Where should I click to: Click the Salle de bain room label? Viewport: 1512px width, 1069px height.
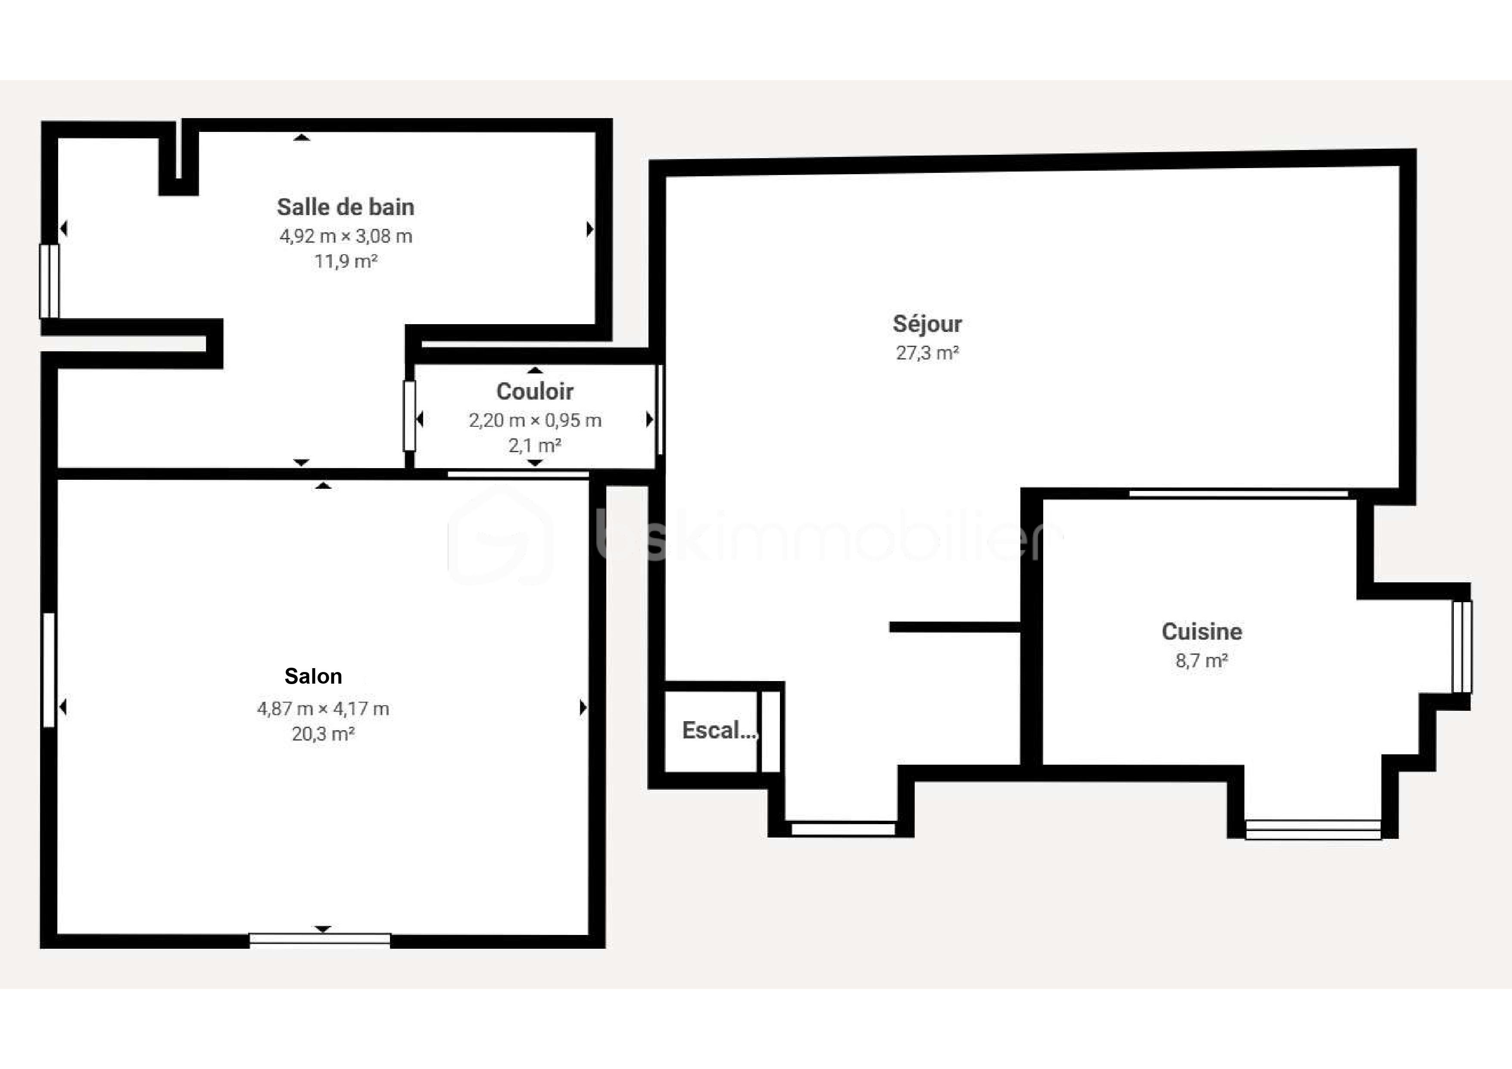[345, 207]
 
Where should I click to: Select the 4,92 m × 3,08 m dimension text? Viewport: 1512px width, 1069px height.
[346, 236]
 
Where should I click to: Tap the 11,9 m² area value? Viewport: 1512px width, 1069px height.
[346, 262]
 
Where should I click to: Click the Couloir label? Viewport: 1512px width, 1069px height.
[535, 391]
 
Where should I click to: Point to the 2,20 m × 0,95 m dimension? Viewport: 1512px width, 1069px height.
[535, 420]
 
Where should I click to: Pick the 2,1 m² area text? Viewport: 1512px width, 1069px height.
[535, 446]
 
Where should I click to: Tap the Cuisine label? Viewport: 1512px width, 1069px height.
[1202, 631]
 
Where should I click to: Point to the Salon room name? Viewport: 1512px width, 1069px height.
[313, 676]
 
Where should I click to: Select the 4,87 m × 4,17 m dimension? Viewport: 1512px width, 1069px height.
[323, 709]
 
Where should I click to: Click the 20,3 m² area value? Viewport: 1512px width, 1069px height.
[323, 734]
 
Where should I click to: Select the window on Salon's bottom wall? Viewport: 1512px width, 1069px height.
[319, 939]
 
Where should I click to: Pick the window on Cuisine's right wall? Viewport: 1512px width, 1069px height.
[1462, 647]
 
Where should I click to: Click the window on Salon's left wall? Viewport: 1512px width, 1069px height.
[49, 670]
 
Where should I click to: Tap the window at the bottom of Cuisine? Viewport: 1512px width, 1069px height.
[1313, 829]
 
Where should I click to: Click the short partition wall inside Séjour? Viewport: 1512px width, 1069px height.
[954, 627]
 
